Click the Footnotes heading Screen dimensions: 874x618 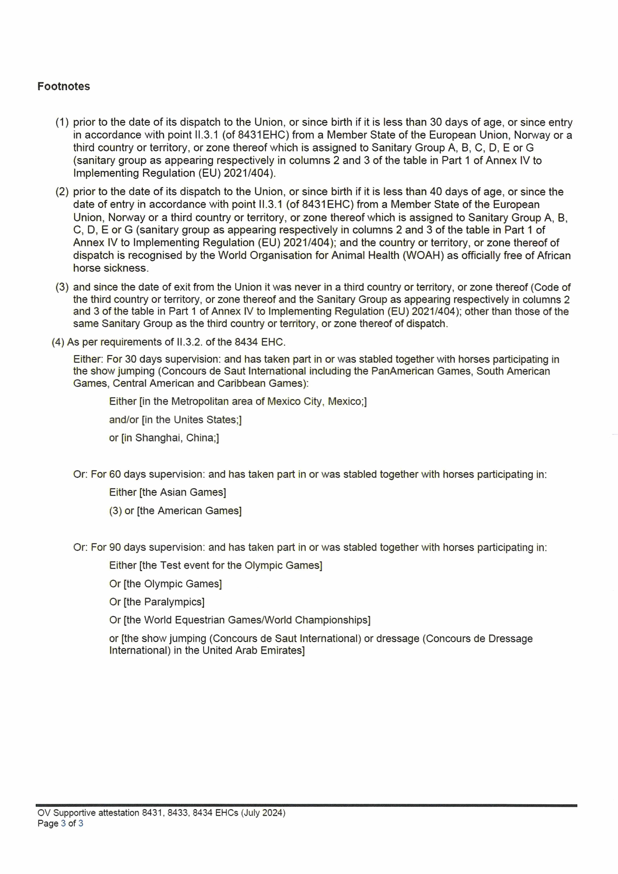64,86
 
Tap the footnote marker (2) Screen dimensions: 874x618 62,192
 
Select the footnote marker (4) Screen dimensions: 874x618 58,342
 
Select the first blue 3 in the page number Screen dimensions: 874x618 63,824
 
